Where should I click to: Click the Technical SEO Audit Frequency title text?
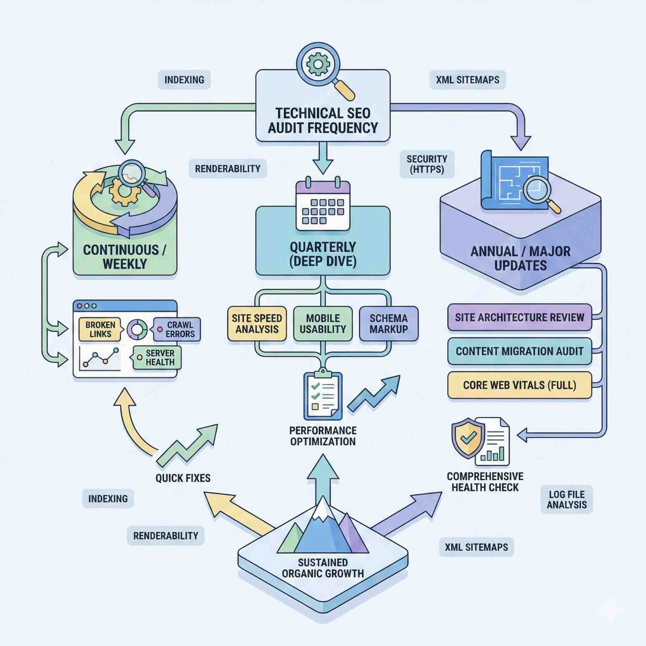323,120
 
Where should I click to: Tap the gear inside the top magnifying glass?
318,64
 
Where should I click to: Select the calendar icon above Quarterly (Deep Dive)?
323,206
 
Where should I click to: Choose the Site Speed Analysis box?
257,324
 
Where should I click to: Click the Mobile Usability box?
323,324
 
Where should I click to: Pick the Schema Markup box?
388,324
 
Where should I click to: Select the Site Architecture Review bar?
519,318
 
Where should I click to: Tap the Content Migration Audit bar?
519,351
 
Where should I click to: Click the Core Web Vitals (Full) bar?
519,385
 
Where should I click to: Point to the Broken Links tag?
100,329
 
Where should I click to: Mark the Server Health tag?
158,358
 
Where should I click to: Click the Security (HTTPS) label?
427,164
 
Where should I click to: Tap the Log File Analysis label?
566,499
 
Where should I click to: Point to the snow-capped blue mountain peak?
323,525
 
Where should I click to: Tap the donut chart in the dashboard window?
137,330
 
